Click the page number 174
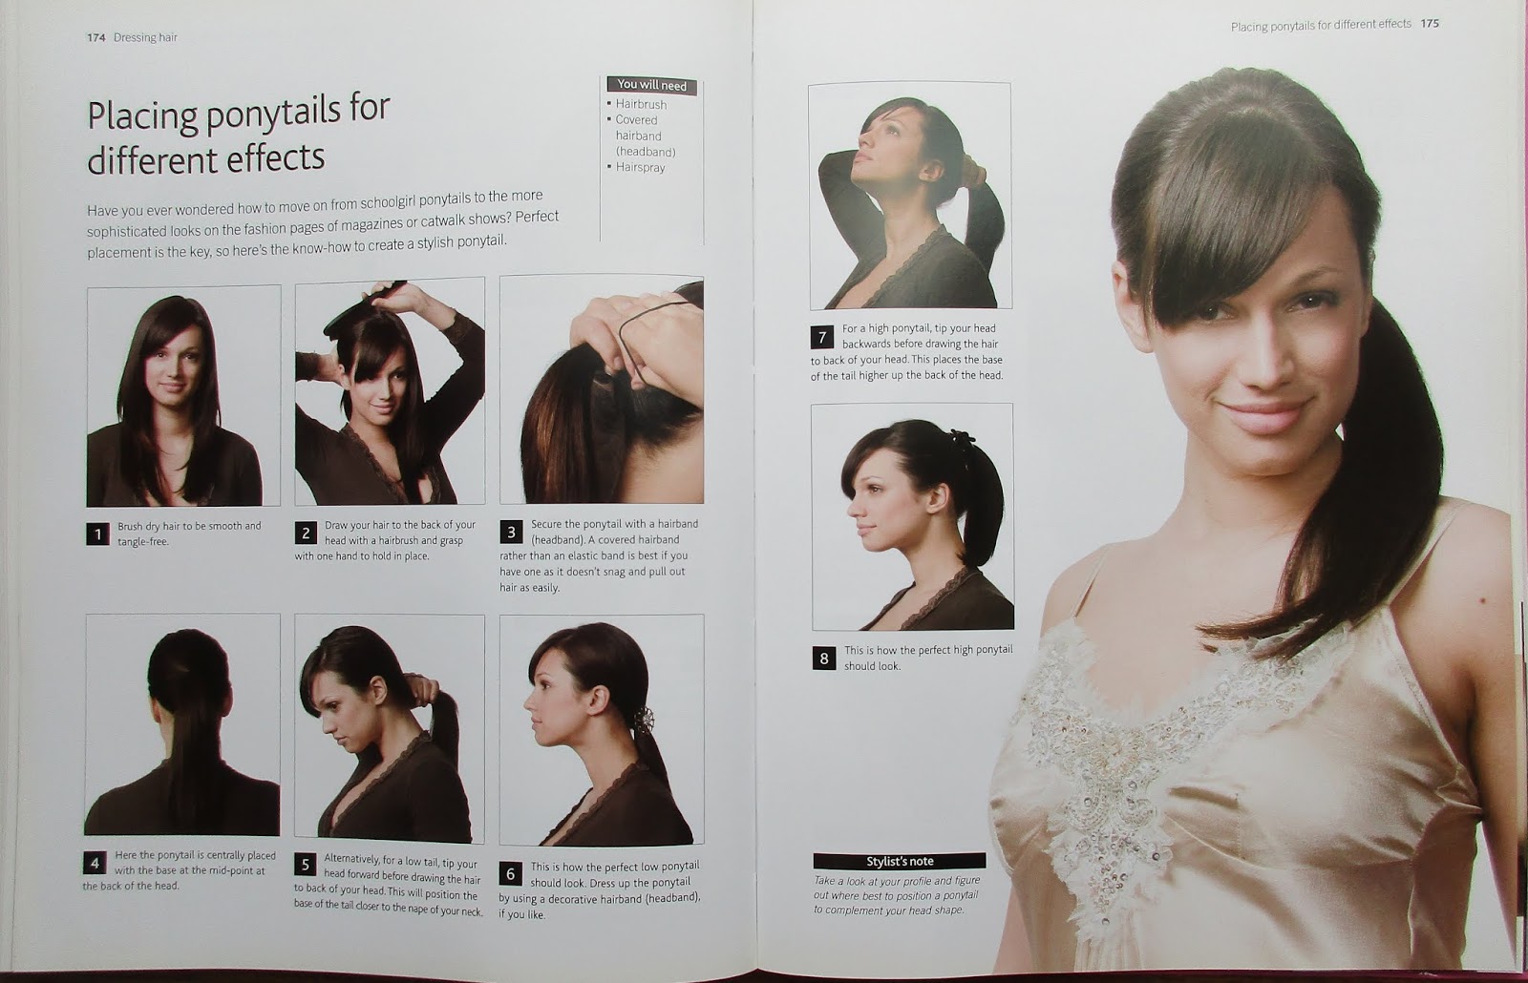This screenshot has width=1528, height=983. [95, 37]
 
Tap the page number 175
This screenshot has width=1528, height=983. [1430, 23]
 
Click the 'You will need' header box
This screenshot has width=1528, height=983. [651, 85]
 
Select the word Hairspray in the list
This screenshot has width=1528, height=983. [640, 167]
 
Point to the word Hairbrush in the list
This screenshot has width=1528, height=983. [641, 104]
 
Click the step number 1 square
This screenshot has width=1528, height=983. [97, 533]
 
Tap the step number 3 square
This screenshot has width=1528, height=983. [511, 532]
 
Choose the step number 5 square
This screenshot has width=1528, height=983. [305, 865]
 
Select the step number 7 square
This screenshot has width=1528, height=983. [822, 337]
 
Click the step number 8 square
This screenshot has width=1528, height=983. [824, 659]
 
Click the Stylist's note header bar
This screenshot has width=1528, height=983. [899, 861]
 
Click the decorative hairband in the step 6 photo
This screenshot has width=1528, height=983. [643, 720]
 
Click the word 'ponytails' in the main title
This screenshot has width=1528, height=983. [273, 113]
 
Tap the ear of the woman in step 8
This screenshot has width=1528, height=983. [938, 501]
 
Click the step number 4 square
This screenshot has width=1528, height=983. [95, 863]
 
